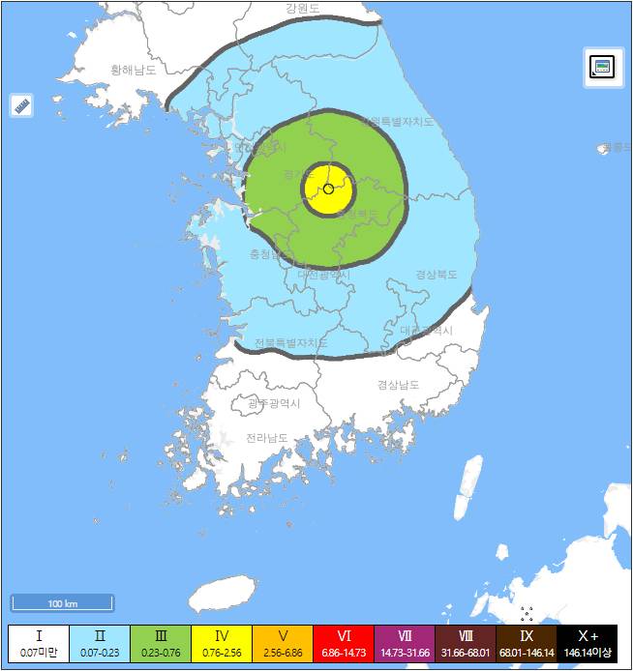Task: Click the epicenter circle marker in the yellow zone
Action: point(328,189)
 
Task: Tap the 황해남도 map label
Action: point(134,70)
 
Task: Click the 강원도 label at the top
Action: point(303,9)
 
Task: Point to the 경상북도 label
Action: point(437,274)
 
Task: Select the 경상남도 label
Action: point(399,384)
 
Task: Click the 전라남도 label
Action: point(266,438)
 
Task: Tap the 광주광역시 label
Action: point(274,403)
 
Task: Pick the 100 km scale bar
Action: point(63,603)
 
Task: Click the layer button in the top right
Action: point(602,67)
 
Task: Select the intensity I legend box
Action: point(39,644)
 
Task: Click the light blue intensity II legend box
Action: point(99,644)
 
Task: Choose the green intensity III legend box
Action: point(160,644)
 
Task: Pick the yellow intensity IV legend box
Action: point(221,644)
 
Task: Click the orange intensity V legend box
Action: point(282,644)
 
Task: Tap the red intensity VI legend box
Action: point(344,644)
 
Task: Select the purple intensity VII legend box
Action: point(405,644)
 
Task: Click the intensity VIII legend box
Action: point(466,644)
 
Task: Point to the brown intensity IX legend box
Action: point(527,644)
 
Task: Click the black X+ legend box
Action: point(588,644)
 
